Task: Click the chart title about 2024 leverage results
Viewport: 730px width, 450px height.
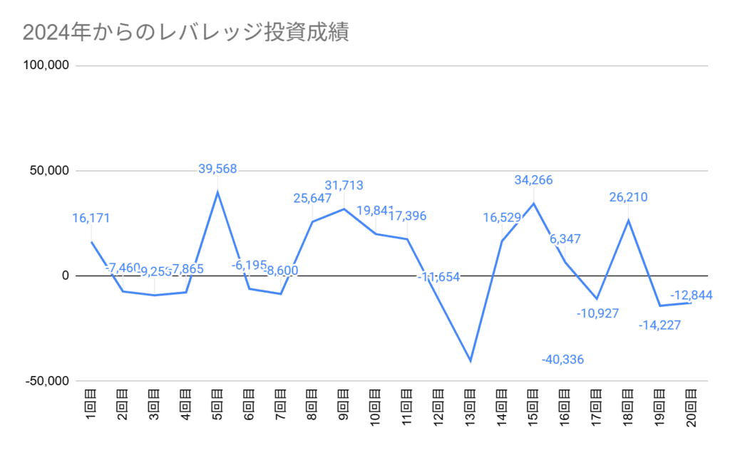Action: pyautogui.click(x=186, y=33)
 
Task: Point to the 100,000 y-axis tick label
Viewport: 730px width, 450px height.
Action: pyautogui.click(x=46, y=66)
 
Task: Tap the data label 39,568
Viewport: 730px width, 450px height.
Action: pyautogui.click(x=217, y=169)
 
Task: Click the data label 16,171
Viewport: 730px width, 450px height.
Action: pyautogui.click(x=91, y=219)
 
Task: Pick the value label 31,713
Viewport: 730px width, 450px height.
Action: pyautogui.click(x=344, y=186)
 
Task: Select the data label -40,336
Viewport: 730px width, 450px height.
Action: pyautogui.click(x=562, y=360)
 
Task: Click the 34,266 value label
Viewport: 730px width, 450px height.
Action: pyautogui.click(x=533, y=180)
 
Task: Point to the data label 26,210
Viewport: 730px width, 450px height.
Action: pyautogui.click(x=628, y=197)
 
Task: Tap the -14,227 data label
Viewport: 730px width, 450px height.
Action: pyautogui.click(x=660, y=325)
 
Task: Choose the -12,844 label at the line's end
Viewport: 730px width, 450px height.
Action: pyautogui.click(x=691, y=295)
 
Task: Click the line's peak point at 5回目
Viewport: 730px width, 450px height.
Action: pyautogui.click(x=217, y=192)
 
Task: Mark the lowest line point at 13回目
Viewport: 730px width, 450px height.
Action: pyautogui.click(x=471, y=360)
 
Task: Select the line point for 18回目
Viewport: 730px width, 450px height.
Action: pyautogui.click(x=628, y=220)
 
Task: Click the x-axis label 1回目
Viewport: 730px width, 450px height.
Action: pyautogui.click(x=91, y=407)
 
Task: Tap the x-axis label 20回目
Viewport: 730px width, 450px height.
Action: pyautogui.click(x=691, y=409)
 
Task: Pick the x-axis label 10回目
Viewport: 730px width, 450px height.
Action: pyautogui.click(x=376, y=409)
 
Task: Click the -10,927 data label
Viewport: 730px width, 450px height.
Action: pyautogui.click(x=597, y=313)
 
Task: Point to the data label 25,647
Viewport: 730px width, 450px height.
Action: pyautogui.click(x=312, y=198)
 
